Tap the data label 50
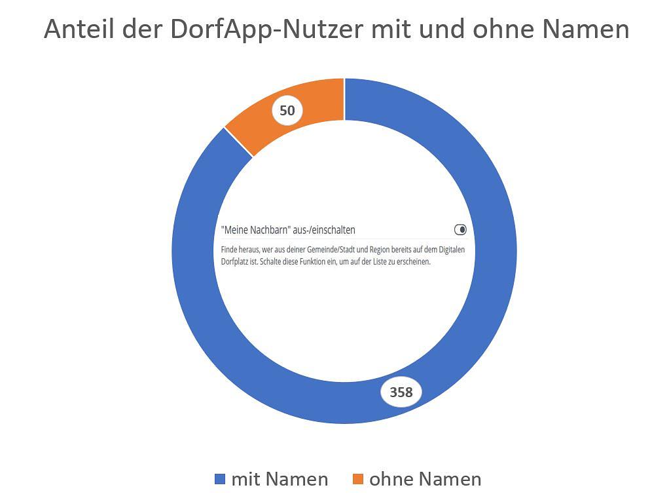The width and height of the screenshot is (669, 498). point(287,111)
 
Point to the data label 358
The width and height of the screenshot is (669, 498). point(401,392)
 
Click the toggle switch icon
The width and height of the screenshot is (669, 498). point(460,230)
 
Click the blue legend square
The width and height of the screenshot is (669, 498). point(220,480)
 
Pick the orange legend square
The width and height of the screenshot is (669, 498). point(358,480)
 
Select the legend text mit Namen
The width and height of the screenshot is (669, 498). point(280,479)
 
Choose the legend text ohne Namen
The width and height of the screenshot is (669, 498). point(425,479)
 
